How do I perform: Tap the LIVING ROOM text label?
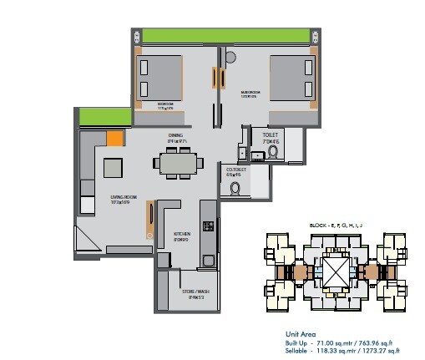(x=124, y=199)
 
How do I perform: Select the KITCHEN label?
(x=182, y=236)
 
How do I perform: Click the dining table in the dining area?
(x=177, y=164)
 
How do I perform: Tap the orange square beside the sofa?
(x=114, y=139)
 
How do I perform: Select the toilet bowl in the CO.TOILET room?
(x=235, y=189)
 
